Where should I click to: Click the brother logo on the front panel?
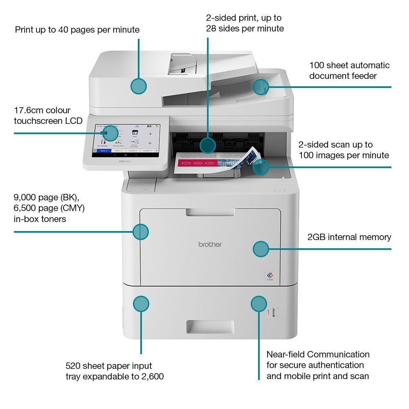210,244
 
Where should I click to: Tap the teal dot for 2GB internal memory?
261,249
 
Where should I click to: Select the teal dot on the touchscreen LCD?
110,133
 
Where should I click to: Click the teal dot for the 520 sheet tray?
141,304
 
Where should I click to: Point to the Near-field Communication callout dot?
258,304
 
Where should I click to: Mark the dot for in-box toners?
141,231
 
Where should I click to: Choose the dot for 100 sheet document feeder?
261,87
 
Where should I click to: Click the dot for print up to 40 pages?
139,86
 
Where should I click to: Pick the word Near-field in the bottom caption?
285,354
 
